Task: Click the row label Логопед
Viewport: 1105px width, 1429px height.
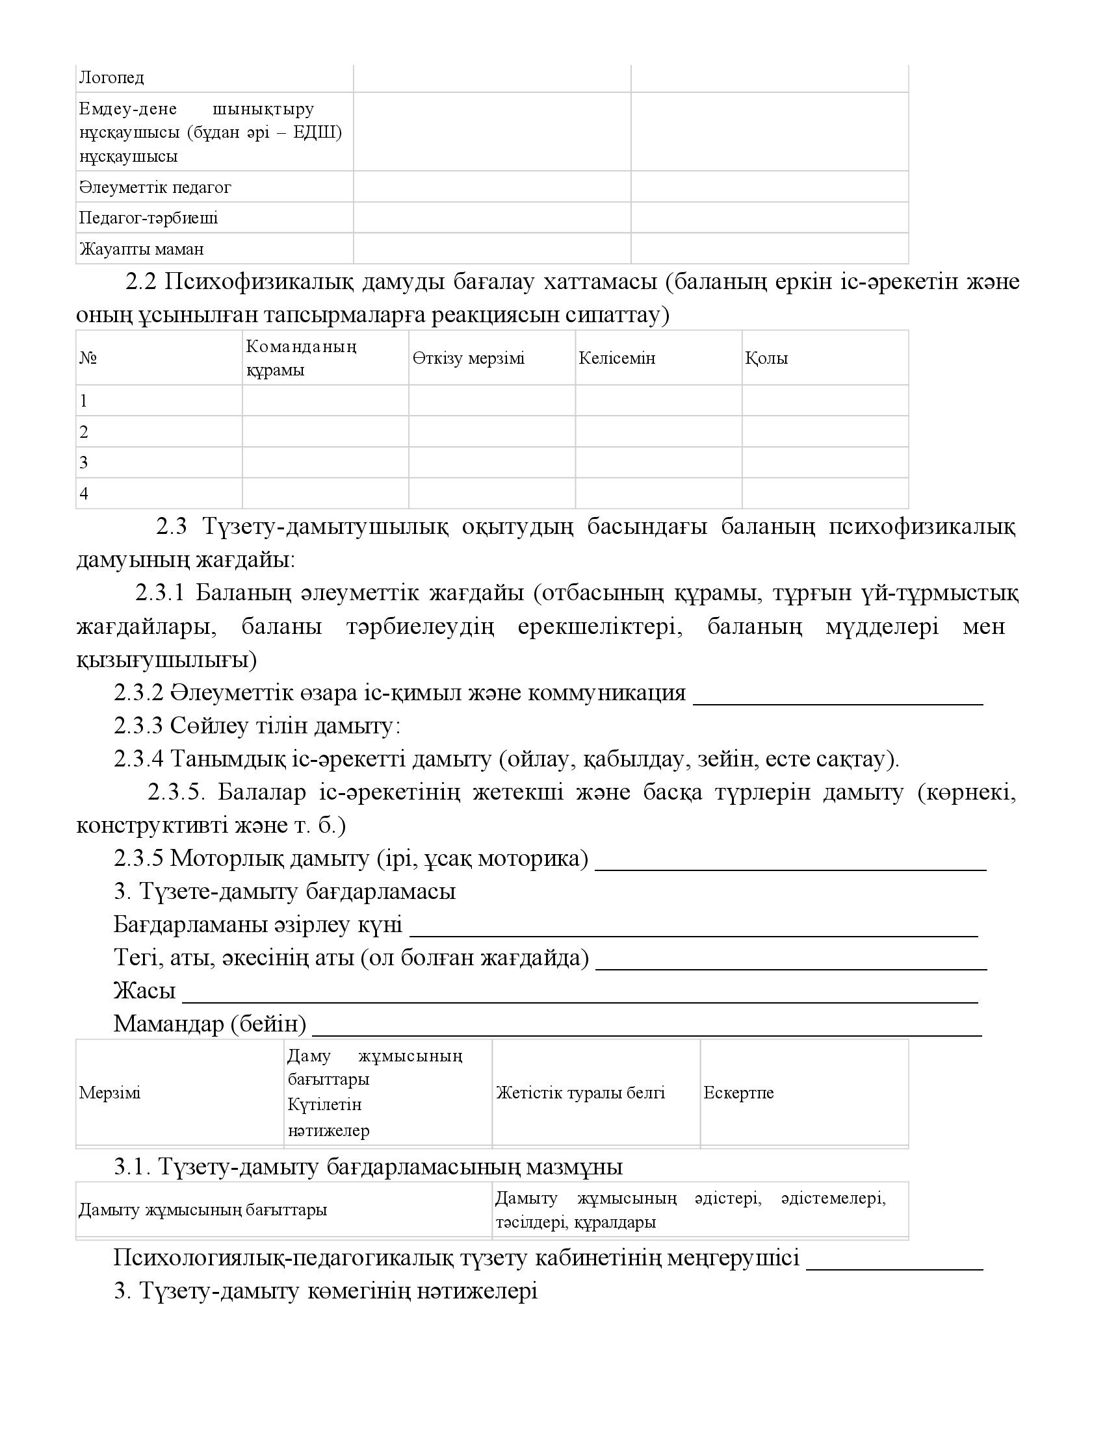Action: click(x=111, y=78)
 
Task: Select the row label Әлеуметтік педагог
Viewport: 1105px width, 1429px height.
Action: click(x=155, y=188)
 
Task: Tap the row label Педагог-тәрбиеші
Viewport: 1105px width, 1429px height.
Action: click(x=149, y=218)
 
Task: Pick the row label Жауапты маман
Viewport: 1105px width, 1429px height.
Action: click(x=142, y=249)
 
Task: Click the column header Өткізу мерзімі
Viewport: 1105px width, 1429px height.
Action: click(x=469, y=359)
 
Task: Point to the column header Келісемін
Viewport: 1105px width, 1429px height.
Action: click(x=617, y=359)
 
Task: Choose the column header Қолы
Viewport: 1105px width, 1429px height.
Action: click(x=766, y=359)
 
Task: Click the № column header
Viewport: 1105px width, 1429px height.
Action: click(x=88, y=359)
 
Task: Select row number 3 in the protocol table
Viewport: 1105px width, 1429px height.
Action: click(x=84, y=463)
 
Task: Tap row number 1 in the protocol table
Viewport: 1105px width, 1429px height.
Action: click(x=83, y=401)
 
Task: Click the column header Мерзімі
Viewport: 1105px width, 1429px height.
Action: click(x=110, y=1093)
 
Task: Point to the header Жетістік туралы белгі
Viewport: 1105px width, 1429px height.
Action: click(x=580, y=1093)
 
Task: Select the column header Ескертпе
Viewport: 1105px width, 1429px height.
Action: click(x=738, y=1093)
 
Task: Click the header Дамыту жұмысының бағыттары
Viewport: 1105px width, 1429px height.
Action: click(x=203, y=1210)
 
